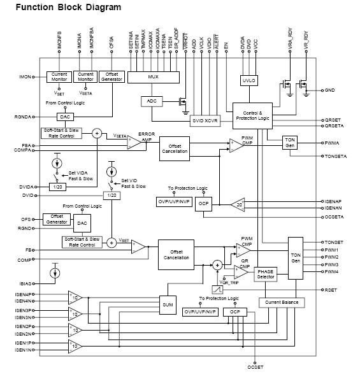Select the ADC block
[152, 101]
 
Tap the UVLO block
[248, 82]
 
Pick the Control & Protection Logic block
[252, 115]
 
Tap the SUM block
[168, 305]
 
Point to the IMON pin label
[25, 77]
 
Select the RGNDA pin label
[23, 117]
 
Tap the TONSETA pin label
[335, 157]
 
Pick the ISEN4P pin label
[24, 294]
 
